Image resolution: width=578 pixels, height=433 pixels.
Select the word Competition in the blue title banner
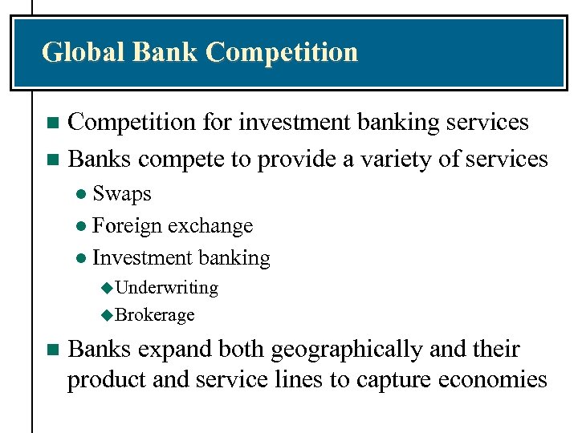282,52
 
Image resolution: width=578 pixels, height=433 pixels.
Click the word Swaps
122,193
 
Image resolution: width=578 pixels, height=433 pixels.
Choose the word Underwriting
167,287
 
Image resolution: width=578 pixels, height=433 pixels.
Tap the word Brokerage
155,315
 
